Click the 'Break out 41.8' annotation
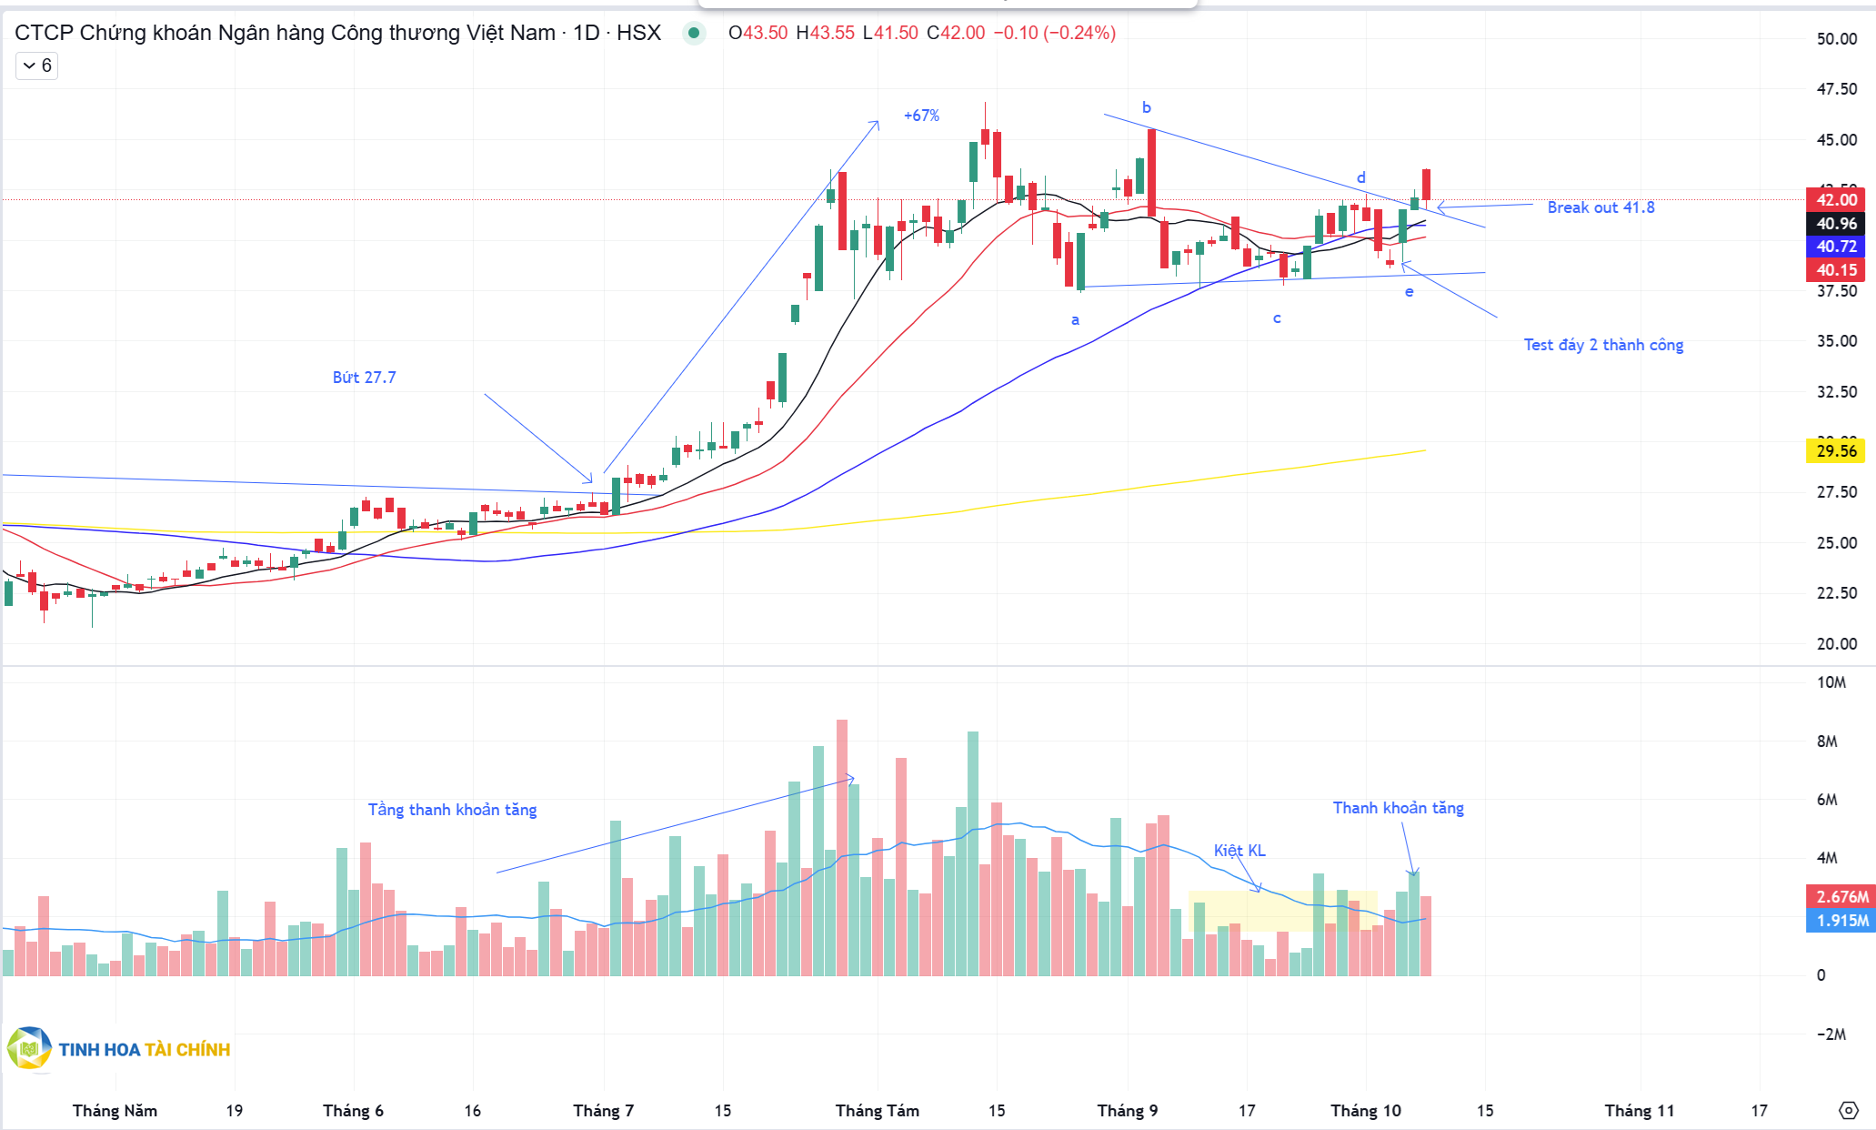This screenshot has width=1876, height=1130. point(1600,207)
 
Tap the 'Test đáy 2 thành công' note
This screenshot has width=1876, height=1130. point(1603,345)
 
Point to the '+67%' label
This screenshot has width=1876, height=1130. point(921,116)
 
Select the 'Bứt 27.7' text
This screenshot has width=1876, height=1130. point(364,378)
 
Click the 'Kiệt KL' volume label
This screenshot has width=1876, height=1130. point(1239,851)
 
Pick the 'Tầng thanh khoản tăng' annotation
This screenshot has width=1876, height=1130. point(452,810)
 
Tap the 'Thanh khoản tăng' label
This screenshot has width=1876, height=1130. point(1398,808)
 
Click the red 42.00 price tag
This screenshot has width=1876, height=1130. point(1835,200)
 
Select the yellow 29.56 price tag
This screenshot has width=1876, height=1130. point(1835,451)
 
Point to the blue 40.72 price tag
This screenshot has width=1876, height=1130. point(1835,247)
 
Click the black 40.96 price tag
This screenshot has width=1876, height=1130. point(1835,224)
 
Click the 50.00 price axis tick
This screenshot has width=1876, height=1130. point(1836,39)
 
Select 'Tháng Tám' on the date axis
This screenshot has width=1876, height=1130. point(877,1111)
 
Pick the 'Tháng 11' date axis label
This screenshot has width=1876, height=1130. point(1639,1111)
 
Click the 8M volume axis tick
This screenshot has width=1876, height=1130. point(1827,742)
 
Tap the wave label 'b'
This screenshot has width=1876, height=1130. point(1147,107)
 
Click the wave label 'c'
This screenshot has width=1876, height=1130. point(1277,318)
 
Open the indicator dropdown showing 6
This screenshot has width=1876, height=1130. point(37,66)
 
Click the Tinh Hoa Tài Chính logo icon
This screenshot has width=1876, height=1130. point(29,1049)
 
